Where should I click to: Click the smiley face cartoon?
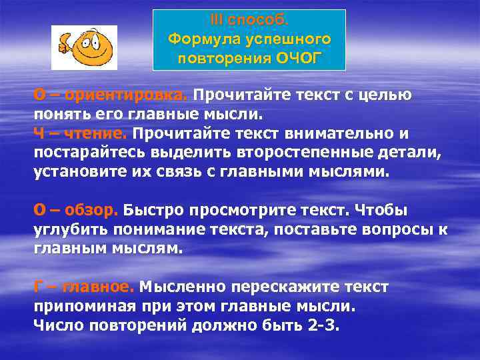click(x=85, y=48)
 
